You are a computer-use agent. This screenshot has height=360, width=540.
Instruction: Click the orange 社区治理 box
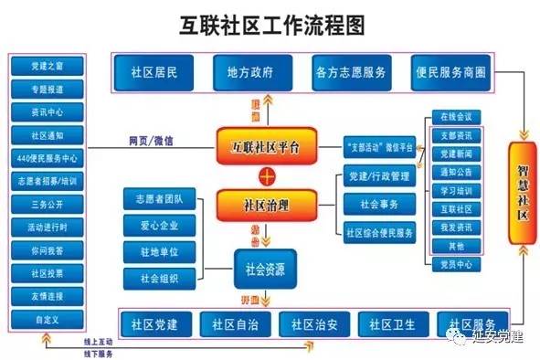266,203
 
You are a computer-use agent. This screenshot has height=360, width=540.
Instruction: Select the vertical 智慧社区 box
520,191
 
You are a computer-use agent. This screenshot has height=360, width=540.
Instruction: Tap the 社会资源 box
268,268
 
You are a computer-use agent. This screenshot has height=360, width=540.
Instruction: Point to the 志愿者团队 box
161,198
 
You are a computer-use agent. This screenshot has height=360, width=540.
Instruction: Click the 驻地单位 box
161,249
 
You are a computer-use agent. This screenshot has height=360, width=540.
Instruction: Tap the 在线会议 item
456,117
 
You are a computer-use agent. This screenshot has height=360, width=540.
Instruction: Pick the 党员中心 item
456,264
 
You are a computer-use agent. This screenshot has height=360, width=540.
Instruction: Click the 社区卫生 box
390,323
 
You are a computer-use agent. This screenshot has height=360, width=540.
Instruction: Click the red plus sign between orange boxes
266,174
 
